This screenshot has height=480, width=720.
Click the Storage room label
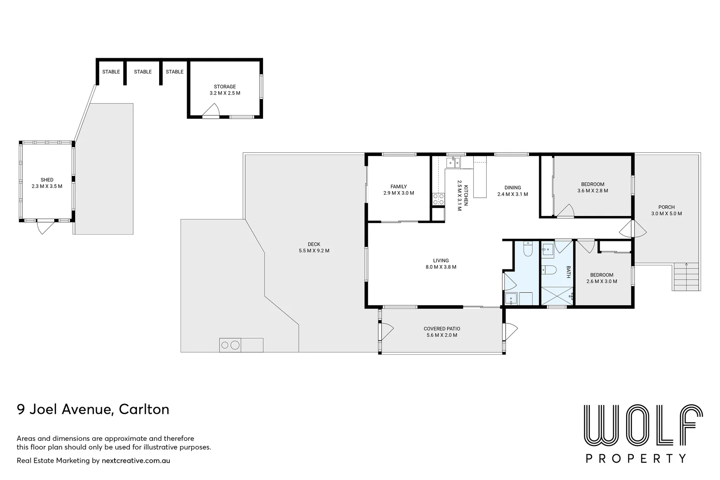pyautogui.click(x=225, y=87)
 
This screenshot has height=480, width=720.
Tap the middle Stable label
pyautogui.click(x=143, y=72)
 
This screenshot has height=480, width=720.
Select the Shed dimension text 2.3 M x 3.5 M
pyautogui.click(x=47, y=186)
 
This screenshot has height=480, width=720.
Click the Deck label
pyautogui.click(x=314, y=244)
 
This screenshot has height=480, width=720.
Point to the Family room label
pyautogui.click(x=399, y=187)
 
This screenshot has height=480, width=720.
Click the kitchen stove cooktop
pyautogui.click(x=438, y=199)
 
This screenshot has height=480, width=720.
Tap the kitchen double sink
pyautogui.click(x=453, y=163)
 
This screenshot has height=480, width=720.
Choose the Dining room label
pyautogui.click(x=513, y=188)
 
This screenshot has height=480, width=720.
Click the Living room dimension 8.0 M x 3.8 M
pyautogui.click(x=441, y=267)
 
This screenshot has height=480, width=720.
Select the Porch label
pyautogui.click(x=666, y=207)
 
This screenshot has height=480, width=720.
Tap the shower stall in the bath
pyautogui.click(x=557, y=296)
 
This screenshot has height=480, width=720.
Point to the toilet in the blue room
pyautogui.click(x=528, y=249)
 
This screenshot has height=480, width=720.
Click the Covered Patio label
pyautogui.click(x=442, y=328)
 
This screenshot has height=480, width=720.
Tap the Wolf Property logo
pyautogui.click(x=643, y=433)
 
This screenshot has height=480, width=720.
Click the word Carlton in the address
pyautogui.click(x=144, y=410)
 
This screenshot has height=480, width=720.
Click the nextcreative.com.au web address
pyautogui.click(x=136, y=460)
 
